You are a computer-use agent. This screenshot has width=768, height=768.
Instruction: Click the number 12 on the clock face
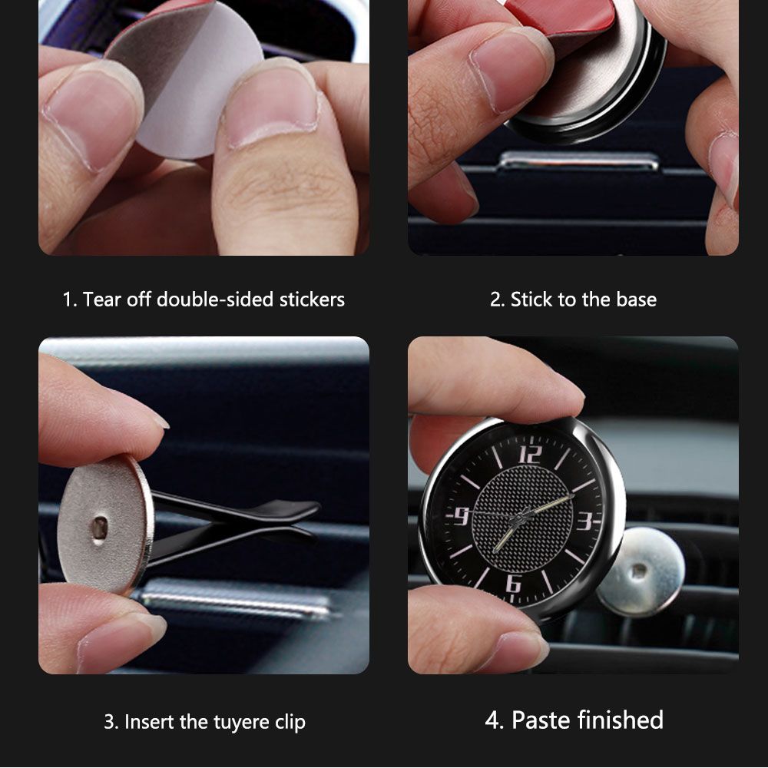[531, 454]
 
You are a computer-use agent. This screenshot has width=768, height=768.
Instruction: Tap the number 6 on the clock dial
[513, 584]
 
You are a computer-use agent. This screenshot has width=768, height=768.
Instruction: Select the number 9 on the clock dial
[462, 516]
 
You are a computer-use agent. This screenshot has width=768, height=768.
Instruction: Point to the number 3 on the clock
[584, 521]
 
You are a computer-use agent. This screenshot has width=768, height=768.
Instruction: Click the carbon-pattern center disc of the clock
[522, 518]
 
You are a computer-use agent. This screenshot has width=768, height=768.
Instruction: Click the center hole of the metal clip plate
[99, 528]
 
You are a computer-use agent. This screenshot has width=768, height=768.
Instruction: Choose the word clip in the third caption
[290, 723]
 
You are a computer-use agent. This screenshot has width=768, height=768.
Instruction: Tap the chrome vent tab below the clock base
[579, 161]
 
